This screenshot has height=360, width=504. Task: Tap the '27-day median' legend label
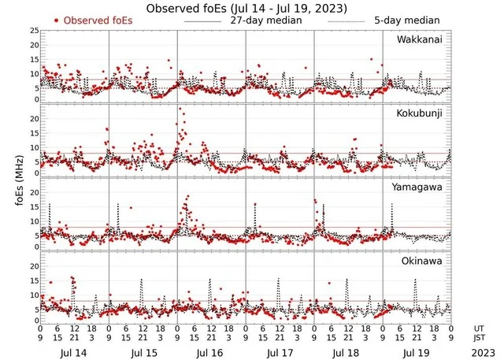pyautogui.click(x=267, y=20)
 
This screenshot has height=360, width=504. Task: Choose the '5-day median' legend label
pyautogui.click(x=407, y=20)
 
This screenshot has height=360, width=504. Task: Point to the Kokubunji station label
pyautogui.click(x=419, y=113)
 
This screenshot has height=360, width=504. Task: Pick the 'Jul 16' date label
pyautogui.click(x=211, y=344)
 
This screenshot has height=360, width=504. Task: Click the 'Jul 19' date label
pyautogui.click(x=417, y=344)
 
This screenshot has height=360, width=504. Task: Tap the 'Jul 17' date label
pyautogui.click(x=280, y=344)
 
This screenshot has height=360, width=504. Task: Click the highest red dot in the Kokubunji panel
pyautogui.click(x=180, y=109)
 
